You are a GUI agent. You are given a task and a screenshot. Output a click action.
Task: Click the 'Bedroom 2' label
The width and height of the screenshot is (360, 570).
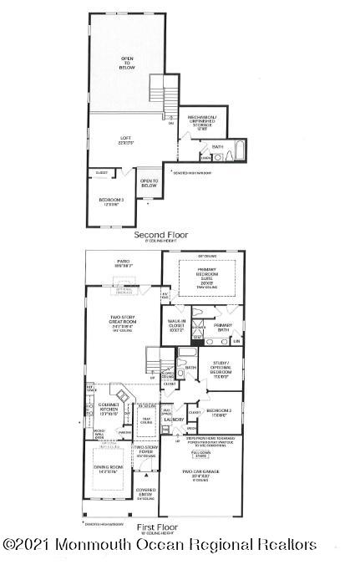coord(219,411)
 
